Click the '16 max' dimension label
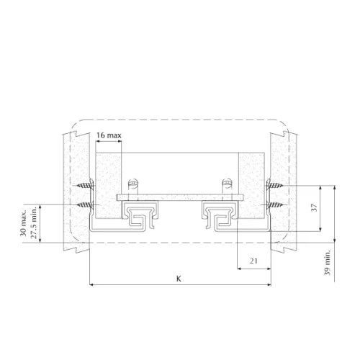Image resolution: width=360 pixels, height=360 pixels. [x=109, y=135]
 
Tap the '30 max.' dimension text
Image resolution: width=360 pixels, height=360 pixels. [x=23, y=224]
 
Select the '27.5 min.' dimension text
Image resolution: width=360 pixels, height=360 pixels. [x=34, y=222]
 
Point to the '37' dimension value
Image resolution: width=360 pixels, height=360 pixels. [x=314, y=207]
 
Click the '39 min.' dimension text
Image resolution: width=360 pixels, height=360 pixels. [x=328, y=263]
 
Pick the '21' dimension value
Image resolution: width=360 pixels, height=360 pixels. [x=253, y=261]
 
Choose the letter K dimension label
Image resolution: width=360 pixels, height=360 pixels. [x=179, y=279]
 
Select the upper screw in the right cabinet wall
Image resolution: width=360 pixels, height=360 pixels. [x=276, y=185]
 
